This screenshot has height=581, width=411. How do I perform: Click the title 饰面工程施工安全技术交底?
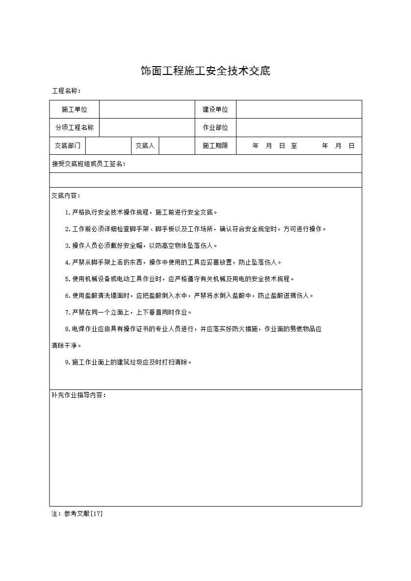(x=205, y=71)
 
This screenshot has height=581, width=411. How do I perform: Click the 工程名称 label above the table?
(x=66, y=91)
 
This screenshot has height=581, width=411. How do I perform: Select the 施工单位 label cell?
(x=75, y=110)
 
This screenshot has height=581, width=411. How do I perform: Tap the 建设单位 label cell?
(x=216, y=110)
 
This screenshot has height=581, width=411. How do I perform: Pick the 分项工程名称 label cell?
(x=75, y=128)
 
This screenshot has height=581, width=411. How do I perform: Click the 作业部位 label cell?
(x=216, y=128)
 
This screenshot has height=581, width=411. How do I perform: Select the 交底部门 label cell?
(x=68, y=146)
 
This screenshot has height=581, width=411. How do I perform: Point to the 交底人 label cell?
(x=145, y=146)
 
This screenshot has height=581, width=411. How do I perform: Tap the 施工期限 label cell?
(x=216, y=146)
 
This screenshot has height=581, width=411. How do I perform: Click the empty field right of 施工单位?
(x=147, y=110)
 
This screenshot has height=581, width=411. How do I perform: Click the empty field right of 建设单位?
(x=299, y=110)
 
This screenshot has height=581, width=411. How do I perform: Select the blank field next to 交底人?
(x=177, y=146)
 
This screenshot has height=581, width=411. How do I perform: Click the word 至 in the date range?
(x=294, y=146)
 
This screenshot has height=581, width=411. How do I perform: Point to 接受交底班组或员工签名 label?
(x=89, y=164)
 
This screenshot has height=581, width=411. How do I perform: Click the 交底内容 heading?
(x=66, y=195)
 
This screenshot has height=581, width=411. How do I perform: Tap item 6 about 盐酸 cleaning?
(x=189, y=295)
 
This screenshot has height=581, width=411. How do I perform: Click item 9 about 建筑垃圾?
(x=128, y=362)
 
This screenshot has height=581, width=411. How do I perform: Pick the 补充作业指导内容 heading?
(x=79, y=395)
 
